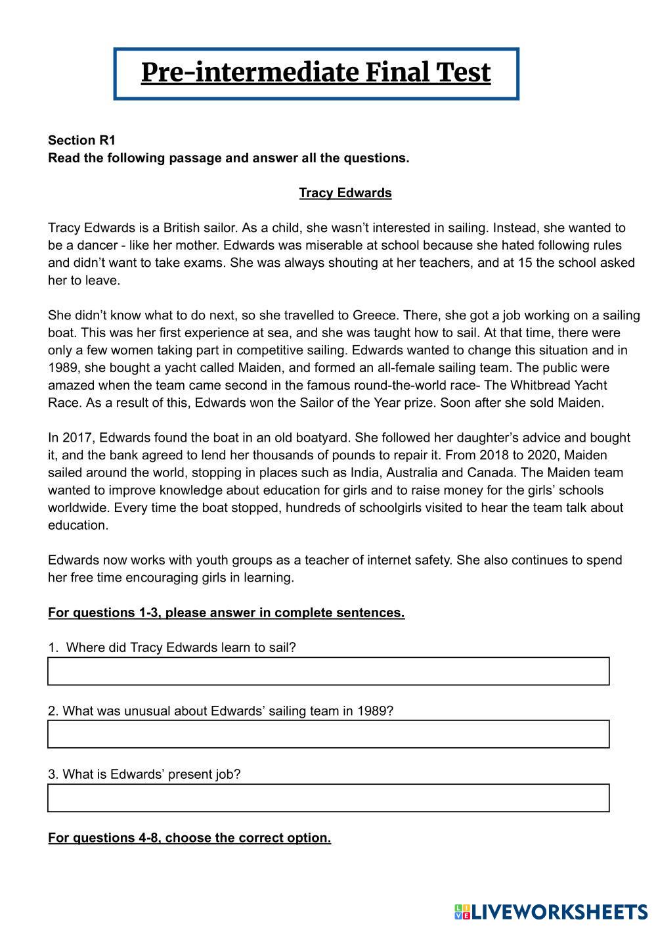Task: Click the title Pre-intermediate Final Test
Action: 316,73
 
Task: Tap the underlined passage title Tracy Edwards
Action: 345,193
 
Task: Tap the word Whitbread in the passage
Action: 538,385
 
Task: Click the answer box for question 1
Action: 328,671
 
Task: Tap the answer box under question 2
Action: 328,734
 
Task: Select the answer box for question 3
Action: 328,798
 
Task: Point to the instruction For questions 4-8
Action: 189,838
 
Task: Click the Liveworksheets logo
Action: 550,912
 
